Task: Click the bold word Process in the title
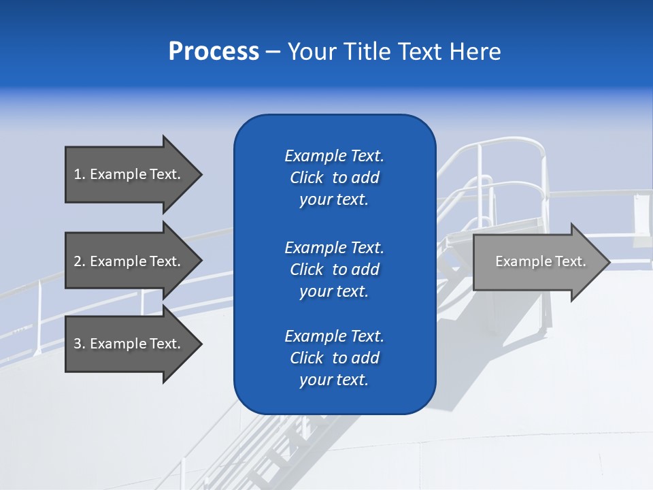tap(214, 52)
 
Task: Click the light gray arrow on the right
tap(537, 261)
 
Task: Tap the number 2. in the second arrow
tap(80, 261)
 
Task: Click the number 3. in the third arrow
tap(80, 344)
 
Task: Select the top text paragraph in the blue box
tap(334, 178)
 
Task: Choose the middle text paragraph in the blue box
tap(334, 269)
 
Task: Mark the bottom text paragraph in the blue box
tap(334, 358)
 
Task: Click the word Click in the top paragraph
tap(306, 178)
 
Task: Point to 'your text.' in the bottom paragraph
tap(334, 380)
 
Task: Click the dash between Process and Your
tap(273, 52)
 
